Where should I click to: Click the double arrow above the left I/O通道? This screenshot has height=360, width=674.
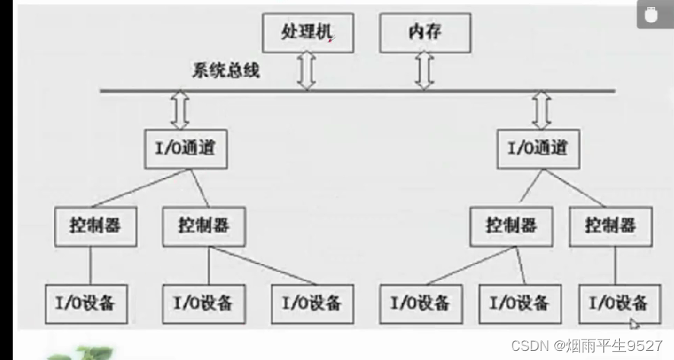pyautogui.click(x=180, y=111)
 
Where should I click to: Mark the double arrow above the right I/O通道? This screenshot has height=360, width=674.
pyautogui.click(x=541, y=111)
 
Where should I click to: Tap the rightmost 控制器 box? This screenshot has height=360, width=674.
pyautogui.click(x=609, y=226)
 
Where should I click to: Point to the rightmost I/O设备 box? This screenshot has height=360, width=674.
pyautogui.click(x=618, y=302)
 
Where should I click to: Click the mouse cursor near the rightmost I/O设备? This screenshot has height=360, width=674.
pyautogui.click(x=634, y=323)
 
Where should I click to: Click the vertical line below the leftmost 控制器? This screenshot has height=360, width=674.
pyautogui.click(x=91, y=263)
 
